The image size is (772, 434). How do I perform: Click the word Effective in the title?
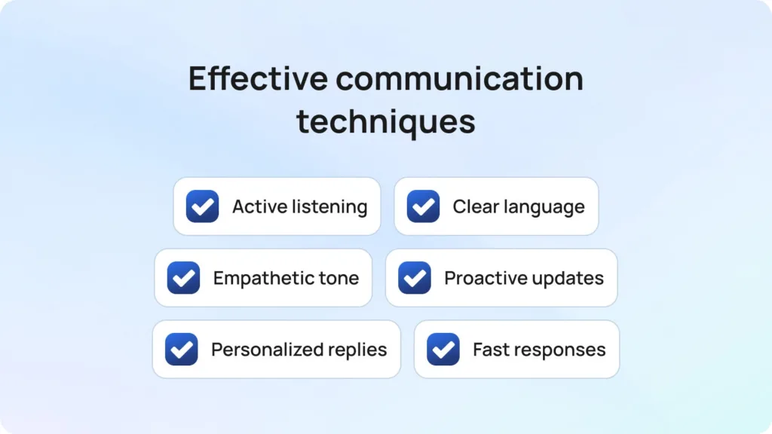pos(258,78)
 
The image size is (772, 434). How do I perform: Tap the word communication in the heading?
pos(460,78)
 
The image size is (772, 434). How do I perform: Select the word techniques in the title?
pos(386,122)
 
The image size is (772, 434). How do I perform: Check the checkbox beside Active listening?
pos(202,206)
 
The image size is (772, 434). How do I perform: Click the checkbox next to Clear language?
pos(423,206)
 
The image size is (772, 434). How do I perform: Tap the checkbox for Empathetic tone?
pos(184,277)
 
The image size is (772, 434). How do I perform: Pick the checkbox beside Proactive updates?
pos(415,277)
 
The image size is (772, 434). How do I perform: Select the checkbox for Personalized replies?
pos(182,350)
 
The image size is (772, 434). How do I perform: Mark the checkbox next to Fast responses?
pos(443,350)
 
